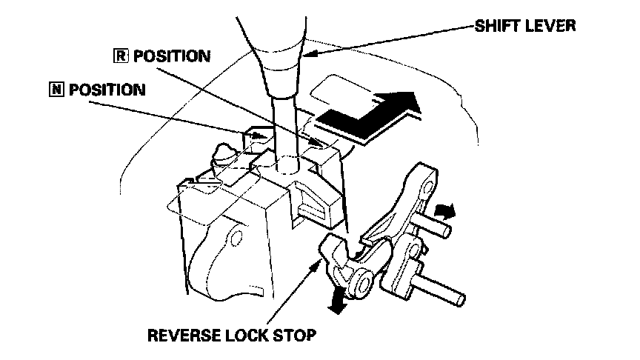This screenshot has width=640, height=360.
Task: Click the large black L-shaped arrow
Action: tap(370, 113)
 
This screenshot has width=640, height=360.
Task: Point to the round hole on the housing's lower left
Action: tap(235, 239)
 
